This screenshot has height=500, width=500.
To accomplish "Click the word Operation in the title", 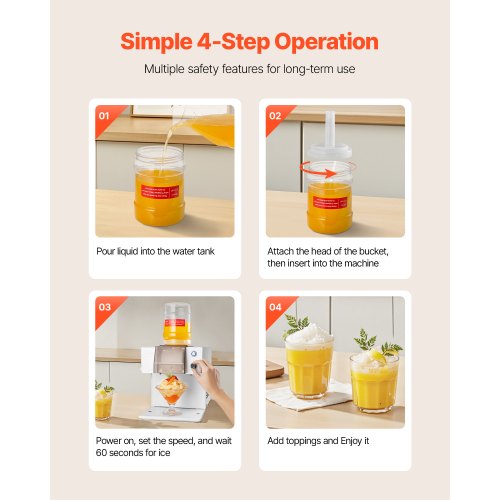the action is (326, 43).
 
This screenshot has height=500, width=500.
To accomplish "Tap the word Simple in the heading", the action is (156, 43).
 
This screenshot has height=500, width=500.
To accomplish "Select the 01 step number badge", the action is (104, 116).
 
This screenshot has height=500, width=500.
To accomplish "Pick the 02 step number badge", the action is (275, 116).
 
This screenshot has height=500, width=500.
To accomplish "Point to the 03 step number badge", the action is (105, 307).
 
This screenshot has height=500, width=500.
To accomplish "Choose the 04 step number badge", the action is (275, 307).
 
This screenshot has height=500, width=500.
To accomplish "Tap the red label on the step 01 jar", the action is (160, 191).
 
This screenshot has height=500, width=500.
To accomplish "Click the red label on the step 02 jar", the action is (330, 202).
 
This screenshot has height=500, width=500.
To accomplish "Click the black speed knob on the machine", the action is (193, 366).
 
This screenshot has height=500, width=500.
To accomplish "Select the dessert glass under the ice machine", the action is (172, 398).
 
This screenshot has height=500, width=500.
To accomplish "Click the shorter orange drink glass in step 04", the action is (374, 382).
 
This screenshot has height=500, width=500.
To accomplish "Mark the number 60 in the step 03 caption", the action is (101, 453).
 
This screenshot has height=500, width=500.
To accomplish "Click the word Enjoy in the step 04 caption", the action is (351, 441).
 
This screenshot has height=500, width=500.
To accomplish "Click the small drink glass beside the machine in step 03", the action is (103, 402).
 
